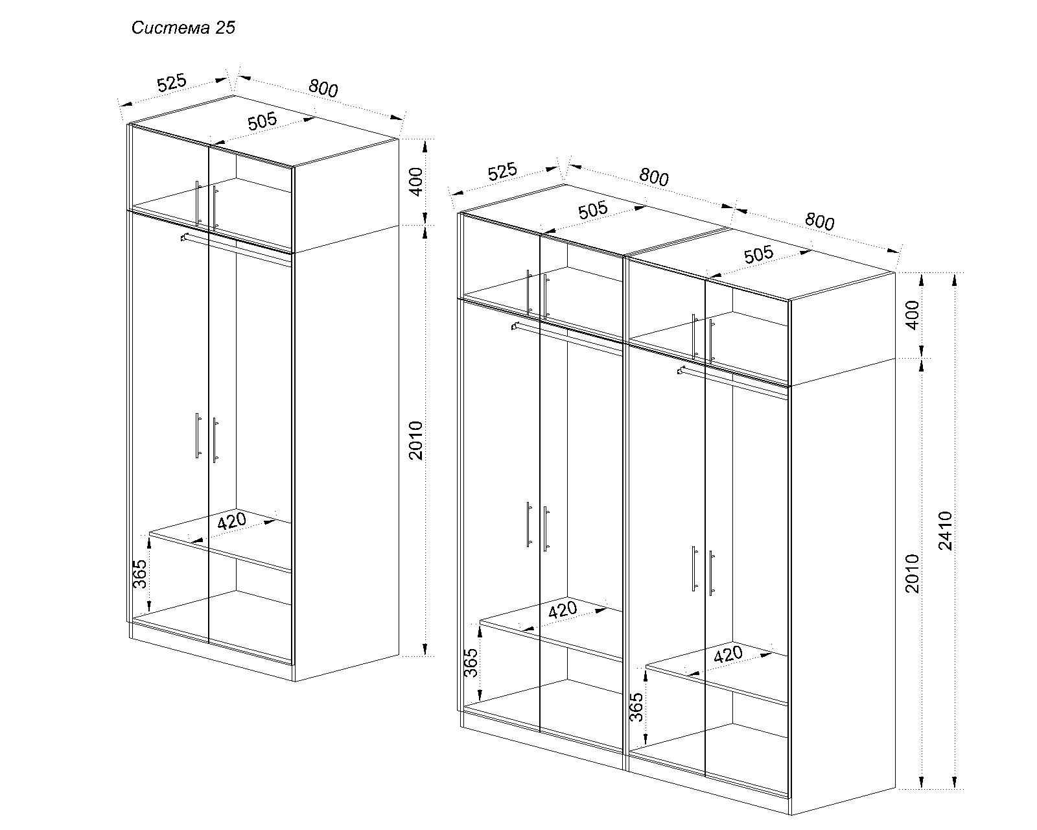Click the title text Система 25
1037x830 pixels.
point(183,27)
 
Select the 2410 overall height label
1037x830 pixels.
point(946,531)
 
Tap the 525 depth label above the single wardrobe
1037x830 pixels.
point(172,82)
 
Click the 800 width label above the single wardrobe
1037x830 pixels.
point(323,88)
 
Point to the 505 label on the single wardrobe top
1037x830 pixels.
point(262,121)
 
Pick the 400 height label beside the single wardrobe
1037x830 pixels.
point(416,182)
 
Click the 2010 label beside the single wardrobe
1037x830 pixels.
point(416,441)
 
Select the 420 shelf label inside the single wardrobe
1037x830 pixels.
point(231,521)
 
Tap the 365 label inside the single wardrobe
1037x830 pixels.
point(140,574)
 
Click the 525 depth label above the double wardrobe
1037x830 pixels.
point(502,172)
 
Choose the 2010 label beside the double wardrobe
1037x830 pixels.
point(912,573)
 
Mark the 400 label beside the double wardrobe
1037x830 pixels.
point(912,315)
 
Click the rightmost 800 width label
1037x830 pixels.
point(820,221)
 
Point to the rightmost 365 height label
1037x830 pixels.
point(636,707)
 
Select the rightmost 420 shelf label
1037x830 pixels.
point(728,654)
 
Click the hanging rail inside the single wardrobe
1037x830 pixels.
point(236,249)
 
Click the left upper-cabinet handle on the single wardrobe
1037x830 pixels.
point(198,203)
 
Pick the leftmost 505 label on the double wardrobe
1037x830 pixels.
point(593,211)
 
